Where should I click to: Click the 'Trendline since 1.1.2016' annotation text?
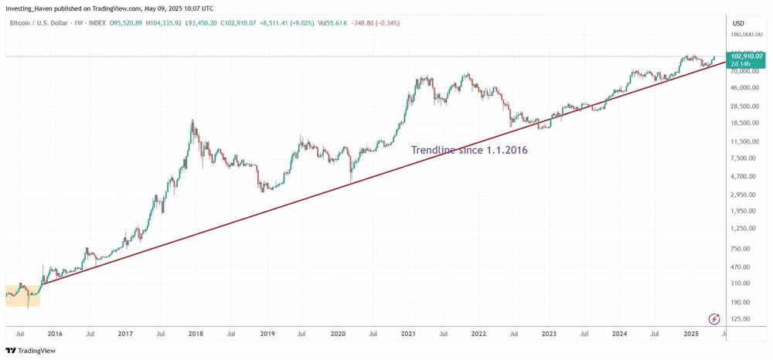[x=469, y=150]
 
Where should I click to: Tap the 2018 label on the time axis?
[x=196, y=334]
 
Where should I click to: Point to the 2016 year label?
[x=55, y=334]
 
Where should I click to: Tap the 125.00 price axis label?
[x=742, y=318]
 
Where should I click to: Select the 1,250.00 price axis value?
[x=744, y=229]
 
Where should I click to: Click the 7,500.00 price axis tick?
[x=744, y=158]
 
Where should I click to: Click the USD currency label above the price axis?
[x=738, y=23]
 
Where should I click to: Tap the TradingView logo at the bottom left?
[x=32, y=351]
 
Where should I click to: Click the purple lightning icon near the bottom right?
[x=714, y=318]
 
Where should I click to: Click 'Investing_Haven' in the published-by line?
[x=30, y=9]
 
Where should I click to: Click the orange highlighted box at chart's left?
[x=22, y=294]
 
